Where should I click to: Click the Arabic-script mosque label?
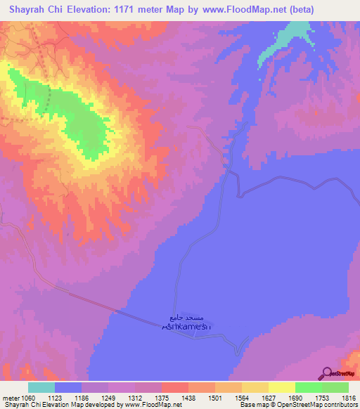pos(186,318)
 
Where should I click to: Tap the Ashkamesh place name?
pos(185,327)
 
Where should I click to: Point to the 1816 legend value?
pos(336,398)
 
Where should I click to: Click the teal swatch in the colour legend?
pos(41,387)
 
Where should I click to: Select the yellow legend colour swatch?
pos(281,387)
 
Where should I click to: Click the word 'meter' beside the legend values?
pos(10,398)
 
